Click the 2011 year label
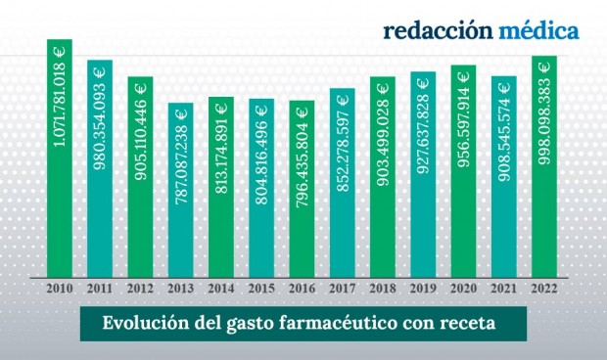[x=100, y=289]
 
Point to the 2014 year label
[x=221, y=289]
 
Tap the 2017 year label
[x=343, y=289]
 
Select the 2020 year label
[x=464, y=289]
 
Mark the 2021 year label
[x=504, y=289]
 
